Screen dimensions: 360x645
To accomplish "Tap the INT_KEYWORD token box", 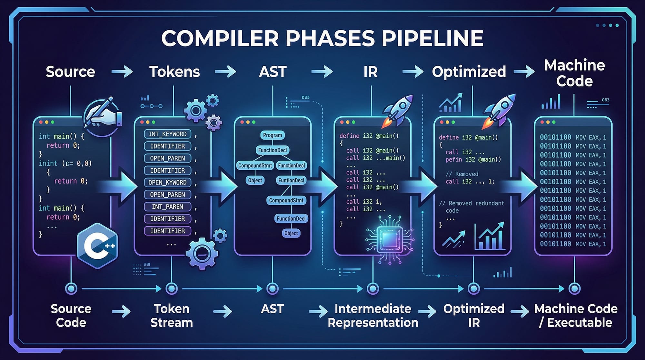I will pos(167,134).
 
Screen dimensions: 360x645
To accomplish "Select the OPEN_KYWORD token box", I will pos(167,183).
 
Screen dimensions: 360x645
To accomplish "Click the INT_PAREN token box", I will pos(167,207).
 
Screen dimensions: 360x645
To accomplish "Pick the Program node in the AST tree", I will pos(272,135).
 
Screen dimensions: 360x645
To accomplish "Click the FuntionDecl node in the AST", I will pos(291,180).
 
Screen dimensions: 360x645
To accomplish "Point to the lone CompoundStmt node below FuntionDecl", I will pos(286,200).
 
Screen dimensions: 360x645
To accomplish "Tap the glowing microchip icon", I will pos(390,239).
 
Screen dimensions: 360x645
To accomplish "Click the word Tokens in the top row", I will pos(174,72).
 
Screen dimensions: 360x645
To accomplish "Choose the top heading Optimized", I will pos(469,72).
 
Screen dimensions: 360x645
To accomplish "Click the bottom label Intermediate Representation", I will pos(373,315).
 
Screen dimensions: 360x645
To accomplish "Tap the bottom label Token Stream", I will pos(172,315).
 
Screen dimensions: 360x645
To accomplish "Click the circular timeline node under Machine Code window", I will pos(574,288).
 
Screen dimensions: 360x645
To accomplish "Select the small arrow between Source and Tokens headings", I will pos(122,72).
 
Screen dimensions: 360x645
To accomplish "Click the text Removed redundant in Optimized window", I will pos(472,203).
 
